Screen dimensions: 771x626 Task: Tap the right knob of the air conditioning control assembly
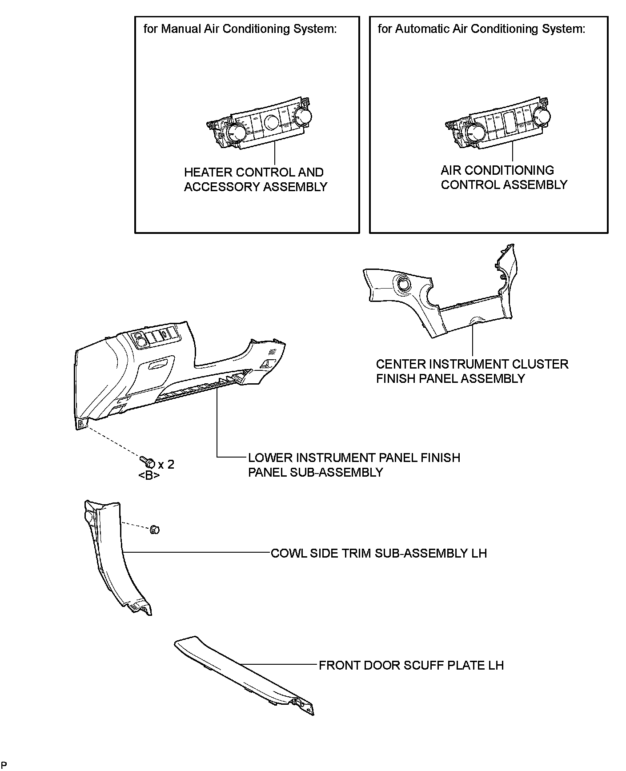tap(542, 116)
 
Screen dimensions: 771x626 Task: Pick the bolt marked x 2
tap(148, 462)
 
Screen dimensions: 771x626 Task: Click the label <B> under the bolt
tap(149, 476)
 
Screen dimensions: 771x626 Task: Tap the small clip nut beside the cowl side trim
tap(154, 529)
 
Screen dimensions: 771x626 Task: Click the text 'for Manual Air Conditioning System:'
tap(240, 29)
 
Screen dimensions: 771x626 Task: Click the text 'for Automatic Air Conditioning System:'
tap(482, 29)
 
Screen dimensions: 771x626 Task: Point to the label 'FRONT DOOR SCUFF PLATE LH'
tap(411, 665)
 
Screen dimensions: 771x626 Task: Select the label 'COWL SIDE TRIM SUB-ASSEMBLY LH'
tap(379, 553)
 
